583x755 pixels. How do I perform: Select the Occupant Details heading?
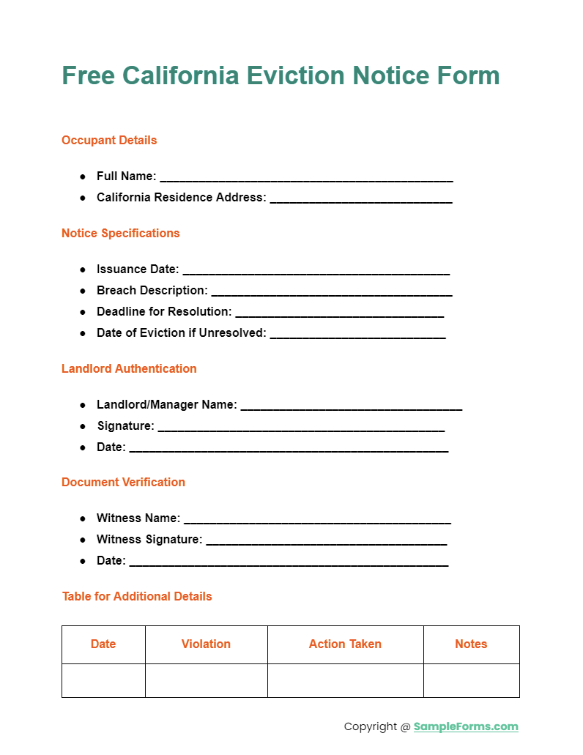click(x=109, y=140)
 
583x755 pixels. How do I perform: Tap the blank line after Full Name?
click(x=306, y=178)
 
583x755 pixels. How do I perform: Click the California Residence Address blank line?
click(x=360, y=199)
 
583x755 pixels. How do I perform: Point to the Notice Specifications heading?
click(x=120, y=233)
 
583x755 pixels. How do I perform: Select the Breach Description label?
click(x=152, y=290)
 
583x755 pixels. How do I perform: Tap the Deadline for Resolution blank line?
click(x=339, y=313)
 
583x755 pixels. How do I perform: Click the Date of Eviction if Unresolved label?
click(x=181, y=332)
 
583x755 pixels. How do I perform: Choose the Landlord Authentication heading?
click(x=129, y=368)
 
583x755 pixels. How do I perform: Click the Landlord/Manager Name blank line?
click(x=352, y=406)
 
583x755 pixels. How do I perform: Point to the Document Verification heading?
click(x=123, y=482)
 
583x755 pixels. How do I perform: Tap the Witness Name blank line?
click(x=317, y=520)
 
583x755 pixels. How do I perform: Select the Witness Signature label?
click(x=149, y=539)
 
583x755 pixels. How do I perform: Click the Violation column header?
click(x=206, y=644)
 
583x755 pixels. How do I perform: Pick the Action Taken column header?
click(x=345, y=644)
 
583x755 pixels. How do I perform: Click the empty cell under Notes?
click(x=471, y=680)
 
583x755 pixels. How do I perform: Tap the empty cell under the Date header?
click(x=103, y=680)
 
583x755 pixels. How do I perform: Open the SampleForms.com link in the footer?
click(x=466, y=726)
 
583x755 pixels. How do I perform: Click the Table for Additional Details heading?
click(x=137, y=596)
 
